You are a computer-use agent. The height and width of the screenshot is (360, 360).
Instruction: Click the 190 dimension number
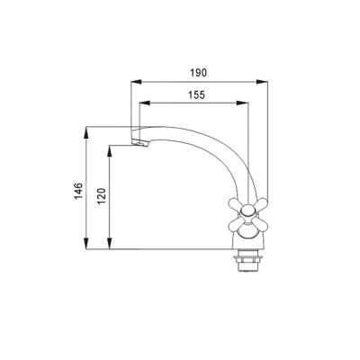199,73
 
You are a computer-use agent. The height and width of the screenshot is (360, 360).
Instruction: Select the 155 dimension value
196,94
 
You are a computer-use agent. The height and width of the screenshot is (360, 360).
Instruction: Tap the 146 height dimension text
78,191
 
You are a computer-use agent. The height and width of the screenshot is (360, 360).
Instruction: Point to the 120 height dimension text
102,196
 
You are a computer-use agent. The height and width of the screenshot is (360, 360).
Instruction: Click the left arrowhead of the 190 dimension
136,81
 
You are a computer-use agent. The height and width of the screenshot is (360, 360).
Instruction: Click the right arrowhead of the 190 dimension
262,81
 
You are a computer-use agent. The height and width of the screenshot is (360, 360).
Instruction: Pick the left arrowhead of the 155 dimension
145,103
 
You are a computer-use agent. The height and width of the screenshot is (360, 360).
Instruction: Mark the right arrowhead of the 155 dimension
243,103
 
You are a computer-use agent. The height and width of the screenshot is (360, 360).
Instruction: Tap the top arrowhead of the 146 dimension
86,132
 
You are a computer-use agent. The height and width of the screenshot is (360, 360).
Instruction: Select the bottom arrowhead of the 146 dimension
86,243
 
